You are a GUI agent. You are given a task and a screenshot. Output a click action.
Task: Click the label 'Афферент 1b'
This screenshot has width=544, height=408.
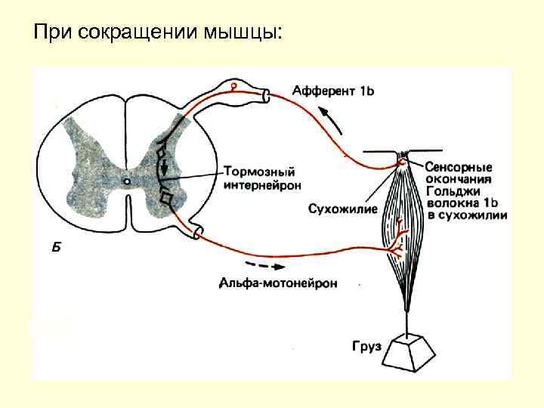(332, 91)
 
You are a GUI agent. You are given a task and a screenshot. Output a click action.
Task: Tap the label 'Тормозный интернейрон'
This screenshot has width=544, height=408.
(261, 177)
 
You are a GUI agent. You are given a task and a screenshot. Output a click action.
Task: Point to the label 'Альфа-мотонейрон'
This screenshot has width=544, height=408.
(278, 284)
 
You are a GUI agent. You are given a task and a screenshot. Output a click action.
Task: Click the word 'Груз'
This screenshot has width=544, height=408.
(367, 348)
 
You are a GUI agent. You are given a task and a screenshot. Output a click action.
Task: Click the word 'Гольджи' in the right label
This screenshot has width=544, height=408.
(451, 191)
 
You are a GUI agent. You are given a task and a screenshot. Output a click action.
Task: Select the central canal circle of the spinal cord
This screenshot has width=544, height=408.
(127, 181)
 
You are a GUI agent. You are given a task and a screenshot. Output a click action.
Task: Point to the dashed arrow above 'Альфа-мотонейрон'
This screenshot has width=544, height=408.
(260, 266)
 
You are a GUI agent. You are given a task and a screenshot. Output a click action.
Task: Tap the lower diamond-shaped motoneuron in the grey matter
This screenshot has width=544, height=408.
(167, 198)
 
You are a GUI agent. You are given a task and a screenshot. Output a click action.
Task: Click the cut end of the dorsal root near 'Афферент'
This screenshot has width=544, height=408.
(265, 95)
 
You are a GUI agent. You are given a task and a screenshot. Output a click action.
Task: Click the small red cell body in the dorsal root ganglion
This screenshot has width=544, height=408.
(234, 87)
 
